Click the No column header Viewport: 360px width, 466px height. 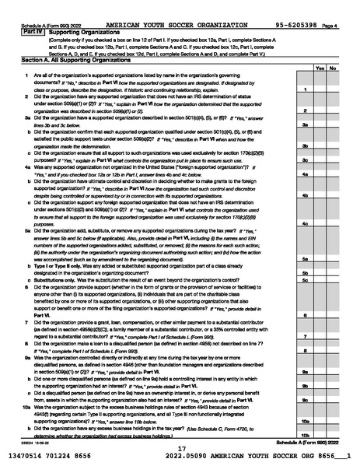coord(333,68)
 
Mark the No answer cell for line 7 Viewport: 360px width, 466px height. coord(333,336)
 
